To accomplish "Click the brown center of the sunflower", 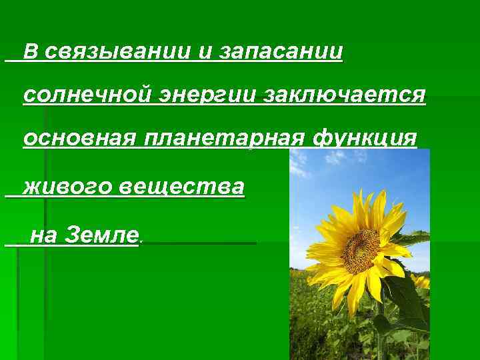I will click(361, 250).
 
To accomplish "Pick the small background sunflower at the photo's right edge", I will click(421, 281).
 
